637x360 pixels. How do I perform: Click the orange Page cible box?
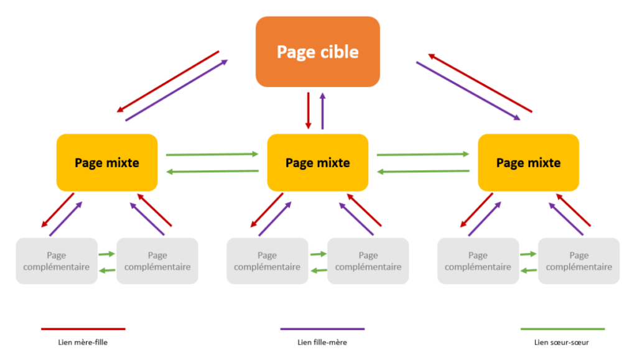point(317,51)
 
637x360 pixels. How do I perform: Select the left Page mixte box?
point(107,162)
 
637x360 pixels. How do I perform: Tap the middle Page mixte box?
point(317,162)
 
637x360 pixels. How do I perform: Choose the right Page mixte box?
point(528,162)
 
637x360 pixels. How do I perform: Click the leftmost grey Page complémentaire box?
point(56,261)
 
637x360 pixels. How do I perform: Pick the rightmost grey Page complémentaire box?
point(579,261)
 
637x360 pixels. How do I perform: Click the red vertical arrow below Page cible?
point(309,110)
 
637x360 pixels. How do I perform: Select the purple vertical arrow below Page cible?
point(322,110)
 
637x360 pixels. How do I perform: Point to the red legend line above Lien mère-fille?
point(83,328)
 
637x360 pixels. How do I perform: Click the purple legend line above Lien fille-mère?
point(322,328)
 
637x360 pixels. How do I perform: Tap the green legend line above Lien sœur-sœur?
point(562,328)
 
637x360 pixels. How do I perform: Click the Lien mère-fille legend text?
point(83,341)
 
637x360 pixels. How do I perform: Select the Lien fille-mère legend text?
point(322,341)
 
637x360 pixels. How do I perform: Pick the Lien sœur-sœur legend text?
point(562,341)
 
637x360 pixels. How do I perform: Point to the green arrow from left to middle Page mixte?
point(212,154)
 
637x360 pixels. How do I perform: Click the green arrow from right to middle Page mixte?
point(423,171)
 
